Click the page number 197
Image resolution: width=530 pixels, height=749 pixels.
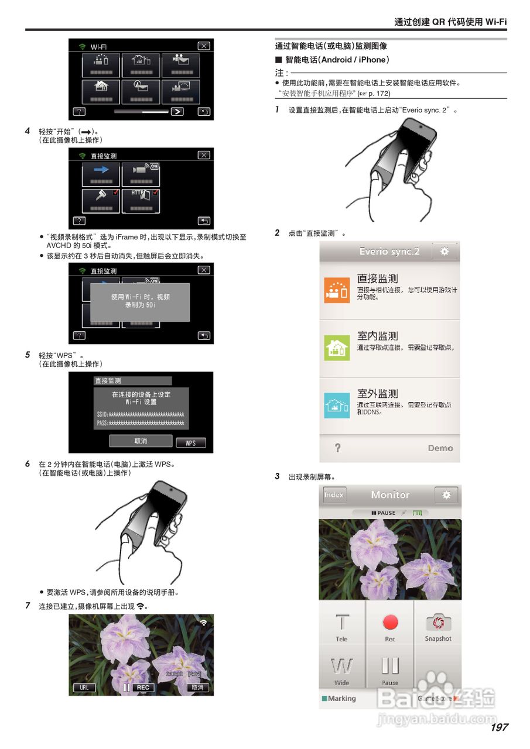[x=499, y=727]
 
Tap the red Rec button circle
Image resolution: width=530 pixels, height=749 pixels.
[x=390, y=622]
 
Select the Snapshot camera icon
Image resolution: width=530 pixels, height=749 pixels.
[x=438, y=622]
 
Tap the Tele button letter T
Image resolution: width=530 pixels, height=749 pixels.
[x=342, y=622]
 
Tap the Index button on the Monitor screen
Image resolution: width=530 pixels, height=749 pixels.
[x=334, y=495]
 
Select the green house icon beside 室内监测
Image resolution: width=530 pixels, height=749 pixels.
[x=337, y=348]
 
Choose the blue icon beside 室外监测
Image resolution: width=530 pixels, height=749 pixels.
[x=337, y=406]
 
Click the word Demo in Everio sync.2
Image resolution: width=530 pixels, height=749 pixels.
[x=440, y=448]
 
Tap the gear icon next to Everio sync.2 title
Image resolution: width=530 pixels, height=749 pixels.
[x=444, y=252]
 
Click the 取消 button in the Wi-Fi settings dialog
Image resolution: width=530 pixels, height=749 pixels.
[x=141, y=441]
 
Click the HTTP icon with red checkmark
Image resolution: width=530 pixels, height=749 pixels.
[x=141, y=200]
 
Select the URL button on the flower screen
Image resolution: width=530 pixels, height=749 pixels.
[x=84, y=688]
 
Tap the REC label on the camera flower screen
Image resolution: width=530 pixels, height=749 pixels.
[x=143, y=688]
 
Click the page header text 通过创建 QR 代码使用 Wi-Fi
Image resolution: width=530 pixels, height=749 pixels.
[x=450, y=22]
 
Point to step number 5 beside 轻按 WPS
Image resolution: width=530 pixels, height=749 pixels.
[x=28, y=355]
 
